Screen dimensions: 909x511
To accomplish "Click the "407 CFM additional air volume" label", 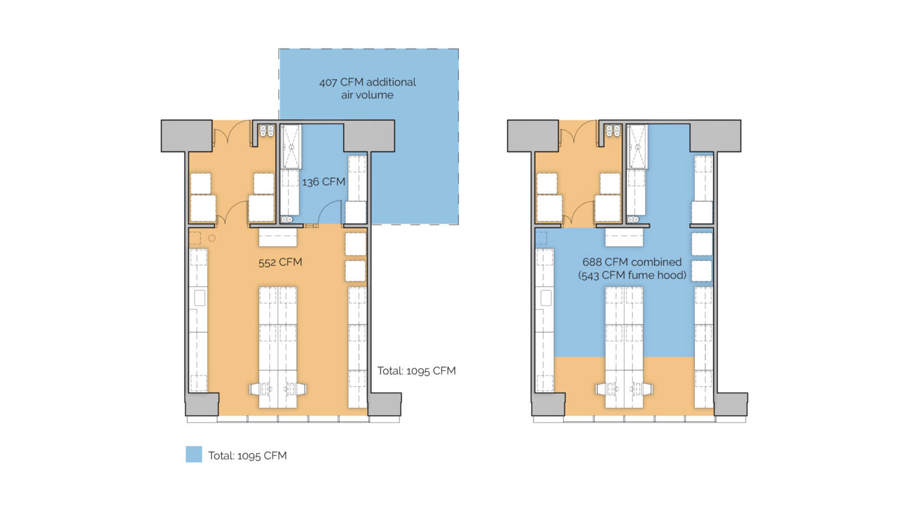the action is pyautogui.click(x=367, y=89).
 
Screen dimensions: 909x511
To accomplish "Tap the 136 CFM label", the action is pyautogui.click(x=323, y=182).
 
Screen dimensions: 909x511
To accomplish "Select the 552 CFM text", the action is pyautogui.click(x=280, y=262).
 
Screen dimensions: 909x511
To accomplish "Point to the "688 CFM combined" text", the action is pyautogui.click(x=632, y=262).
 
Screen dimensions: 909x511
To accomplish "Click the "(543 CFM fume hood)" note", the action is pyautogui.click(x=632, y=275).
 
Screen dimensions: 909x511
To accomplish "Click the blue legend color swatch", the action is pyautogui.click(x=194, y=454).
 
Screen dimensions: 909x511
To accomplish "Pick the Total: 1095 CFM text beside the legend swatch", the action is pyautogui.click(x=248, y=455).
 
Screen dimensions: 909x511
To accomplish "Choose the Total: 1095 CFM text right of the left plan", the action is pyautogui.click(x=416, y=371).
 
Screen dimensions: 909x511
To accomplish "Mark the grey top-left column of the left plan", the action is pyautogui.click(x=187, y=136).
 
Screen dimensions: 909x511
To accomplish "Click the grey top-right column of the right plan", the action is pyautogui.click(x=715, y=136).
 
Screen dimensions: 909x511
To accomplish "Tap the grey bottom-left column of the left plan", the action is pyautogui.click(x=202, y=404).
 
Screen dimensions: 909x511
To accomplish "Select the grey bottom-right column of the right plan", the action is pyautogui.click(x=731, y=404).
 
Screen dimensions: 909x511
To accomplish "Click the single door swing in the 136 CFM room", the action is pyautogui.click(x=330, y=212).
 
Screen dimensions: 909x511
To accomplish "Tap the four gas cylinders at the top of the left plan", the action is pyautogui.click(x=266, y=131).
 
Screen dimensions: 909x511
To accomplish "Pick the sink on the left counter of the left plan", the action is pyautogui.click(x=199, y=298).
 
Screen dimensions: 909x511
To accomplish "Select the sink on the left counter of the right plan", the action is pyautogui.click(x=545, y=298).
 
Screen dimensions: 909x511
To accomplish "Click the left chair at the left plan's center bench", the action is pyautogui.click(x=256, y=389).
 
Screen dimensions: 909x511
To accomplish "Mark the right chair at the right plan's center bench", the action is pyautogui.click(x=647, y=389).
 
